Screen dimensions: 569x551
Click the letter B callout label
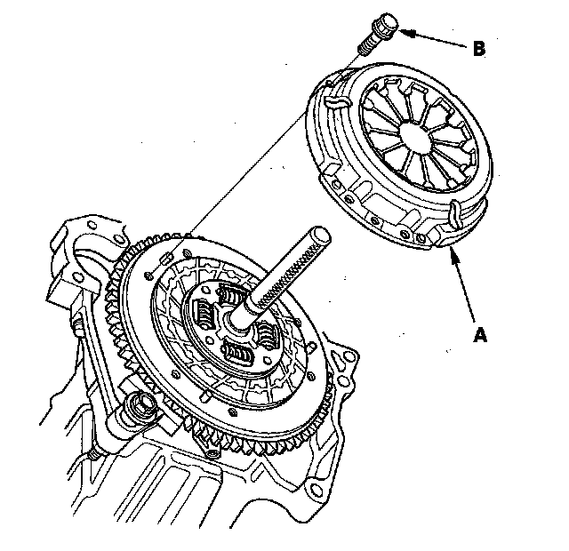pos(479,49)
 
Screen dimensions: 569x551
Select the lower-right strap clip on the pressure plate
pos(453,215)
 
